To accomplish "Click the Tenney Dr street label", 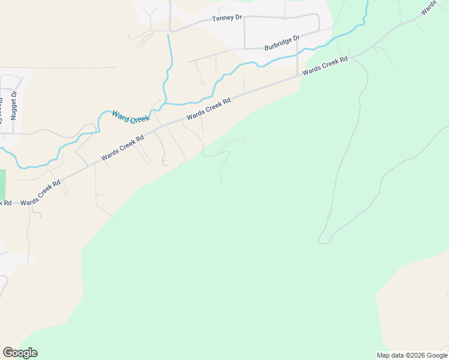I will point(226,19).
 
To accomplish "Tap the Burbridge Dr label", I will point(282,43).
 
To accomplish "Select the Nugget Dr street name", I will point(14,105).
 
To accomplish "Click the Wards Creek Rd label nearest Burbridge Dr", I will point(326,65).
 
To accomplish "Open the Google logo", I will point(20,353).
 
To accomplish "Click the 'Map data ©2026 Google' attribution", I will point(411,355).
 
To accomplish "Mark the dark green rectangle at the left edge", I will point(2,185).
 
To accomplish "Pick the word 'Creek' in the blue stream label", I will point(139,119).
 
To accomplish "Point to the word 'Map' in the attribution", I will point(383,355).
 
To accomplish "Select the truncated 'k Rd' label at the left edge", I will point(5,203).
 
